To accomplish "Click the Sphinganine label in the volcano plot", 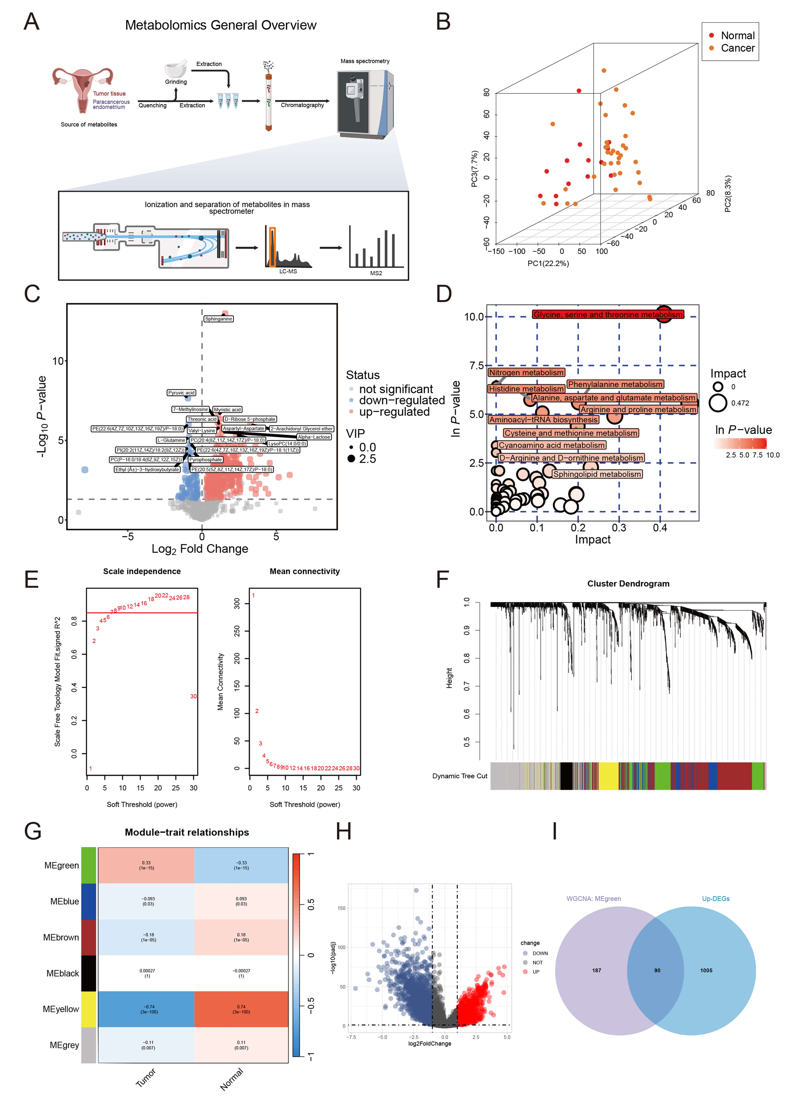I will point(219,319).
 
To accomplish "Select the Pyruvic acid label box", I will point(181,393).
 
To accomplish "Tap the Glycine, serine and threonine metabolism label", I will point(608,315).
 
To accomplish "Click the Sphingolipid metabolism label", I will point(597,474).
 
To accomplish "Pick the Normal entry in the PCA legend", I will point(737,35).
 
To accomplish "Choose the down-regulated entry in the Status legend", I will point(402,401).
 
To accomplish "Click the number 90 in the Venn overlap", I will point(657,970).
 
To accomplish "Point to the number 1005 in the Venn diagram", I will point(706,970).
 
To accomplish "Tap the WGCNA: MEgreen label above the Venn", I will point(593,899).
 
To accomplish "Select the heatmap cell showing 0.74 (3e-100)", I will point(241,1009).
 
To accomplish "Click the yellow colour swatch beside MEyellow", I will point(88,1009).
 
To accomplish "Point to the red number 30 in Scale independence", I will point(193,696).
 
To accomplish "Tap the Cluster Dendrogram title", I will point(628,584).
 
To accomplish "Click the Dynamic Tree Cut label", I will point(459,776).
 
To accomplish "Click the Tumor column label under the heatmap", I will point(146,1078).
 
